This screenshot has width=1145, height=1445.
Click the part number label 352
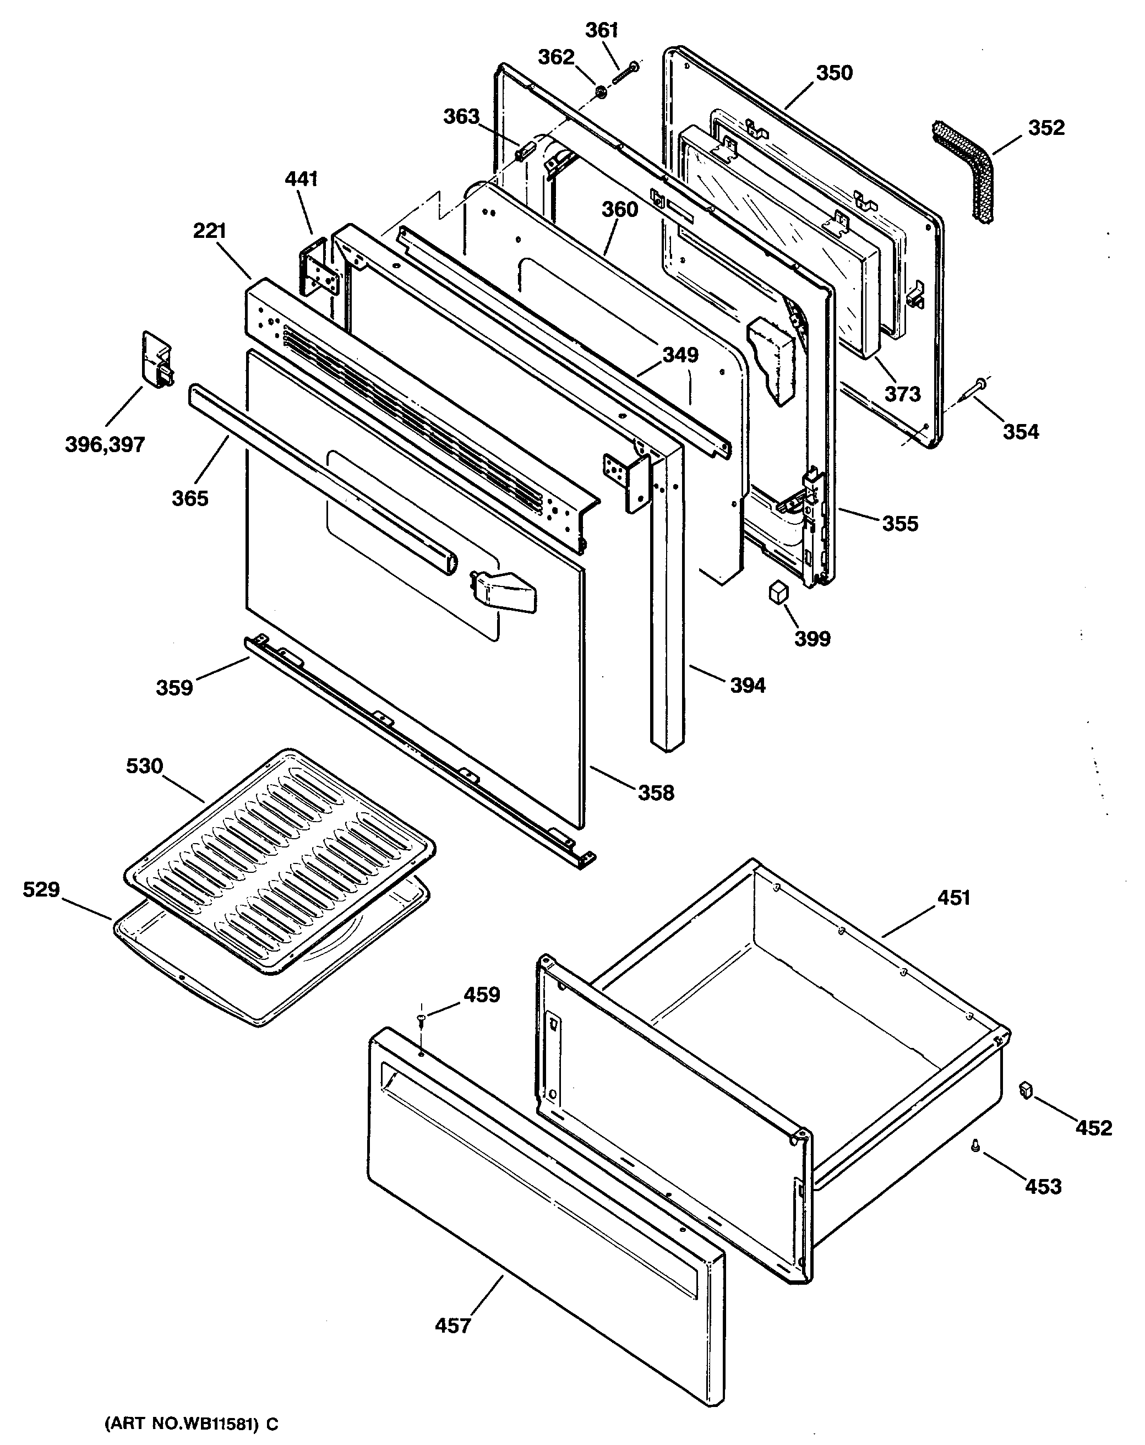[1045, 127]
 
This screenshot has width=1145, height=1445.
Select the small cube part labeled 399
[778, 592]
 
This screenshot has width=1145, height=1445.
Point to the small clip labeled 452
[1024, 1090]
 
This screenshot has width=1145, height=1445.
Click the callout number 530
[145, 766]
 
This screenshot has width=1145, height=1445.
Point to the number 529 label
[41, 889]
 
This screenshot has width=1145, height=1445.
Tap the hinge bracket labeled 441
[320, 268]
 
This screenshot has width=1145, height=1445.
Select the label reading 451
[953, 898]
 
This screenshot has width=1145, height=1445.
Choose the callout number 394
[747, 685]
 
